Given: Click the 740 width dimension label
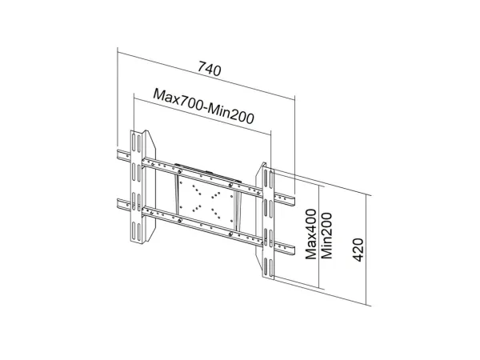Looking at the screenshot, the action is (210, 69).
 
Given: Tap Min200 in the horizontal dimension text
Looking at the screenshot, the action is (230, 114).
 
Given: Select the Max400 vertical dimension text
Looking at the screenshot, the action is (311, 234).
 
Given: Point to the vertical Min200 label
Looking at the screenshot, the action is (326, 236).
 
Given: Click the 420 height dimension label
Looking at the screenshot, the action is (358, 250).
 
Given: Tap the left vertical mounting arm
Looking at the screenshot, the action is (137, 187).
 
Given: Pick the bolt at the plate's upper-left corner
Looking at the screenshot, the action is (179, 171).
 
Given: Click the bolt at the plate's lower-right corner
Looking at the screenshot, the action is (230, 234).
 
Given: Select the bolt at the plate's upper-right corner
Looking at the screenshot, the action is (230, 186).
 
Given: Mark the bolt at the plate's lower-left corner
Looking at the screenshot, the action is (179, 221).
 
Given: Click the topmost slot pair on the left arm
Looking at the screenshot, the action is (137, 142).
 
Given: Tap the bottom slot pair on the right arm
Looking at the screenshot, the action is (268, 267).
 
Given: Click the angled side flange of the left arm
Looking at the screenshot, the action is (150, 186).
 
